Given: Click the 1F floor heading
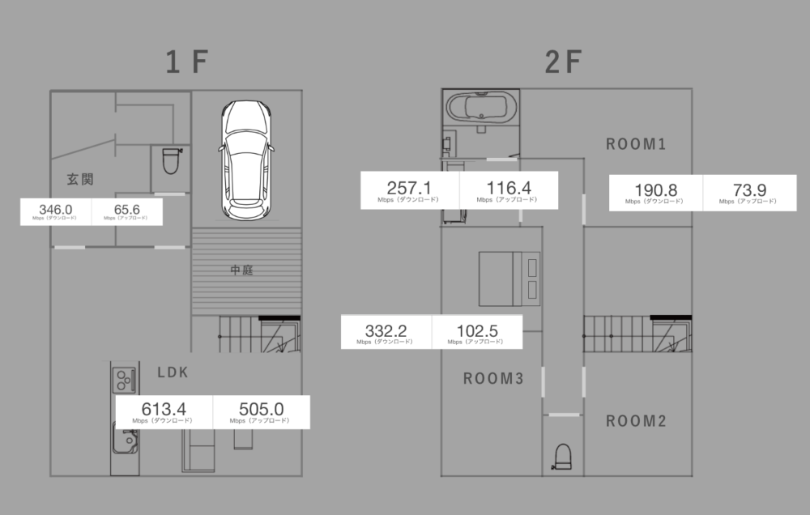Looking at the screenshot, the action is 187,62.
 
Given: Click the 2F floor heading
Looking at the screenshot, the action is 564,62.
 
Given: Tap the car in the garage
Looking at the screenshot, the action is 246,160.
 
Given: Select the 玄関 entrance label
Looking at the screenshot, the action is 80,179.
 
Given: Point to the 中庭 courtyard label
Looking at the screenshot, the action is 241,270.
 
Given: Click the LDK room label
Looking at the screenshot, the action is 173,372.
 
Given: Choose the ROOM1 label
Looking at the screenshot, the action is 636,144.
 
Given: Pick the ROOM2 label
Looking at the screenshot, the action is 636,421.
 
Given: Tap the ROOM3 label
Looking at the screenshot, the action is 493,379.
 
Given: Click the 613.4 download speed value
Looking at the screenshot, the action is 164,409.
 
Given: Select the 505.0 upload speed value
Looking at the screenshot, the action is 262,409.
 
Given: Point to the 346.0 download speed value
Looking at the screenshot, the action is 56,209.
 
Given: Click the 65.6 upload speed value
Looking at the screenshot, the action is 127,209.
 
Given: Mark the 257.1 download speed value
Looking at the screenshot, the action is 408,188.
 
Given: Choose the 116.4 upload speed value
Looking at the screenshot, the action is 509,188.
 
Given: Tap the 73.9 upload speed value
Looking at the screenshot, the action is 749,190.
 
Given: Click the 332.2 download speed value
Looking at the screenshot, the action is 386,330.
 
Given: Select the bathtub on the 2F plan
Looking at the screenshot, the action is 481,108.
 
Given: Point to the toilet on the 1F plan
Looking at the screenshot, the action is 172,161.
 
